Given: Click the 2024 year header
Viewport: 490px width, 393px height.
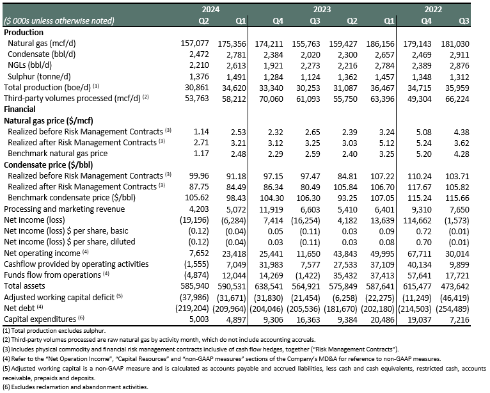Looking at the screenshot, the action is coord(210,10).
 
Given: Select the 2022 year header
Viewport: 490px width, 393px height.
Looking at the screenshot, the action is coord(433,10).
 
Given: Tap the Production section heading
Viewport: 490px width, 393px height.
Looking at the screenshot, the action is coord(24,33).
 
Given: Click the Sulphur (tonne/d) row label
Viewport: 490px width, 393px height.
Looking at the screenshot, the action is coord(39,77).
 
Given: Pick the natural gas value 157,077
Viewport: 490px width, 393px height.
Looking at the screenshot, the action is coord(194,44).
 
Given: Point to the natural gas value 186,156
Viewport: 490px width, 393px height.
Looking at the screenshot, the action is coord(381,44).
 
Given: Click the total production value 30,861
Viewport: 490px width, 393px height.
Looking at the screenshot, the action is coord(197,88).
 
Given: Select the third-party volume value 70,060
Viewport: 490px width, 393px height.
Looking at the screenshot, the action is coord(271,99).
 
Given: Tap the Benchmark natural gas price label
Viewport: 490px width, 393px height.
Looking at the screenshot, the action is coord(58,154).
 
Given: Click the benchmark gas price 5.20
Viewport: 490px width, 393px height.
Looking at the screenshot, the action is coord(423,154).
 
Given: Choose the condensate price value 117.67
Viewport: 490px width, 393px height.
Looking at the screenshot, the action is coord(420,188).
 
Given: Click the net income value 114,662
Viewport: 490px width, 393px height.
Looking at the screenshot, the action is coord(418,221).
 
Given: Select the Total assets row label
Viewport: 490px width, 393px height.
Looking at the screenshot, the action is coord(24,286).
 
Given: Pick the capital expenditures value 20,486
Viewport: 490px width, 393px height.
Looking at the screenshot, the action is coord(383,320).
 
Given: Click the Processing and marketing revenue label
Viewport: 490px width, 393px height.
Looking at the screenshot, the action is coord(65,209).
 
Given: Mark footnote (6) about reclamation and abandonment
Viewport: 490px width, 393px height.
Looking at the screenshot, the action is coord(75,387).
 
